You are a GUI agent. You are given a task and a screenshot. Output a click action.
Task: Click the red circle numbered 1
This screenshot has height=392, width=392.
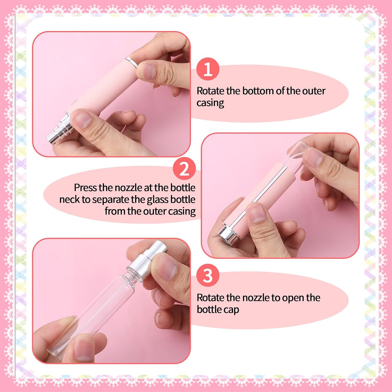tap(208, 69)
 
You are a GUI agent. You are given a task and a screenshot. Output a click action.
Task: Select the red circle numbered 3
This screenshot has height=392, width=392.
tap(208, 275)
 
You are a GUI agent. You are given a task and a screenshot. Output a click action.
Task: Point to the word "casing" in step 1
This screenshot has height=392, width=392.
tap(210, 103)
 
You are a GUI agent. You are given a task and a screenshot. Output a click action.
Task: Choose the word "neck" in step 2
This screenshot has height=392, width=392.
tap(70, 200)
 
